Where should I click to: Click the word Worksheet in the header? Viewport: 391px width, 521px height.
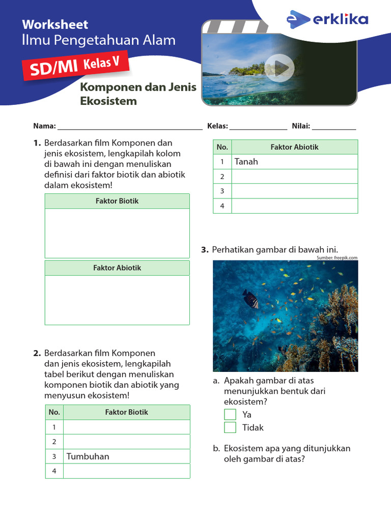(55, 24)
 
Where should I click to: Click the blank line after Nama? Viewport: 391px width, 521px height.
(130, 126)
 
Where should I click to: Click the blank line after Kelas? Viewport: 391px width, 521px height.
(258, 126)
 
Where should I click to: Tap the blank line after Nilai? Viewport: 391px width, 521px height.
(334, 126)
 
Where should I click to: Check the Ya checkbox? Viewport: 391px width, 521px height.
(230, 414)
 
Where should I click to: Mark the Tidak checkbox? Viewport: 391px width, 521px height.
(230, 427)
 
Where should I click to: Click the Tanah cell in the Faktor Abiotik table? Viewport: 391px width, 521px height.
(294, 162)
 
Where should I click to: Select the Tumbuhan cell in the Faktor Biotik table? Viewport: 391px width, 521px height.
(126, 456)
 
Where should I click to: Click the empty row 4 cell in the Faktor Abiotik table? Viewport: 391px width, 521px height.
(294, 206)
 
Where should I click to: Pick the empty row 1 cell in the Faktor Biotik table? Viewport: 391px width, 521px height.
(126, 427)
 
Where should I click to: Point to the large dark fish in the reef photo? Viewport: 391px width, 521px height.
(250, 299)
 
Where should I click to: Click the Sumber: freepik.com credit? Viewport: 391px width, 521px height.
(337, 258)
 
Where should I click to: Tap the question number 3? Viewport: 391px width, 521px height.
(205, 249)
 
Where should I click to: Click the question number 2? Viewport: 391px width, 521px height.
(37, 353)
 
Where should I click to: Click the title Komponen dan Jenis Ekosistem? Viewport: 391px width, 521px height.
(138, 94)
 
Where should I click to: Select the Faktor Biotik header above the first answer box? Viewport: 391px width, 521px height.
(117, 201)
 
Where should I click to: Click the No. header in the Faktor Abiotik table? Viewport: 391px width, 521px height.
(222, 147)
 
